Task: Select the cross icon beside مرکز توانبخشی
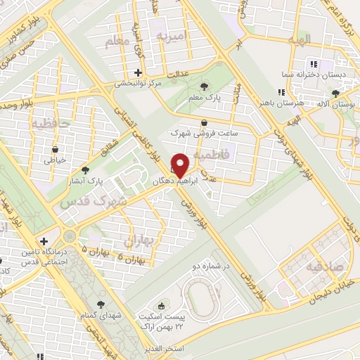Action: click(139, 72)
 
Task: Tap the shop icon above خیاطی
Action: click(55, 148)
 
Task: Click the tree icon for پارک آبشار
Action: click(86, 169)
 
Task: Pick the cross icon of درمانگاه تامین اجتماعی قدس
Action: click(44, 240)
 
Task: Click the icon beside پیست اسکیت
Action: click(162, 306)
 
